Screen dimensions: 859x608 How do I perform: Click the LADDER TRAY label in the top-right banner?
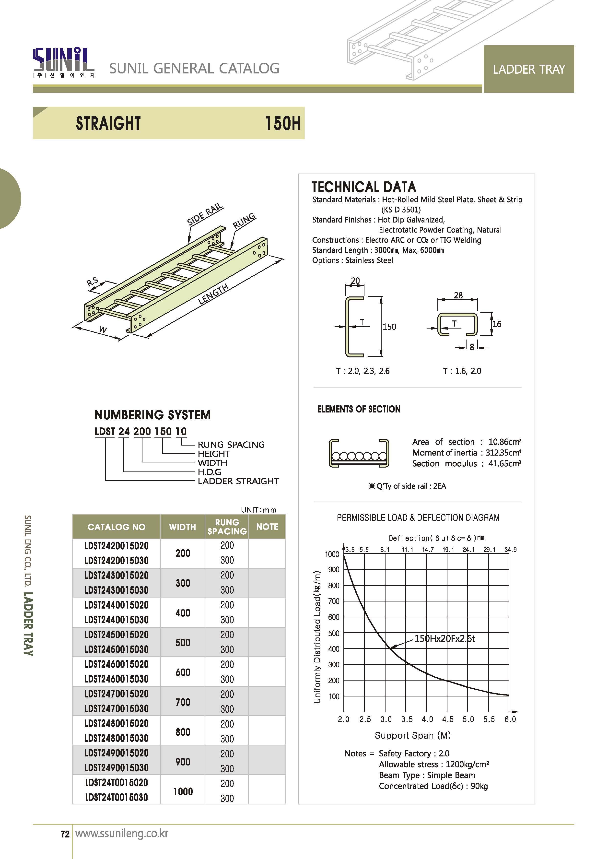[529, 69]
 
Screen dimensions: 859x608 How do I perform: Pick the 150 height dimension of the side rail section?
[389, 327]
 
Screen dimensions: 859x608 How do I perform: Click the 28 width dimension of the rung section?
[458, 295]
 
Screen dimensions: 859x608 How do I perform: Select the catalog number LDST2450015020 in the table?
[117, 635]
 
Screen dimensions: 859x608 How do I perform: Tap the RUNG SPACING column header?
[227, 527]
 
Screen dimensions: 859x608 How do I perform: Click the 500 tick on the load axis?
[334, 633]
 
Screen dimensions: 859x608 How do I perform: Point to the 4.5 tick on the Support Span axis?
[448, 719]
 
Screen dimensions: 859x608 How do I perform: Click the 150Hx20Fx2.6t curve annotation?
[444, 638]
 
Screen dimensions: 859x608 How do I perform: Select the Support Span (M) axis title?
[413, 735]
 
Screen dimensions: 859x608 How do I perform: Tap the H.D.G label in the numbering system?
[209, 472]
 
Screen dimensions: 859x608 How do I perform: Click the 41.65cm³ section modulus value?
[504, 464]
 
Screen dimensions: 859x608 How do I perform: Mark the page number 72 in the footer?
[65, 834]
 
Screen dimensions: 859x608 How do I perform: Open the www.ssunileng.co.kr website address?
[122, 834]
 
